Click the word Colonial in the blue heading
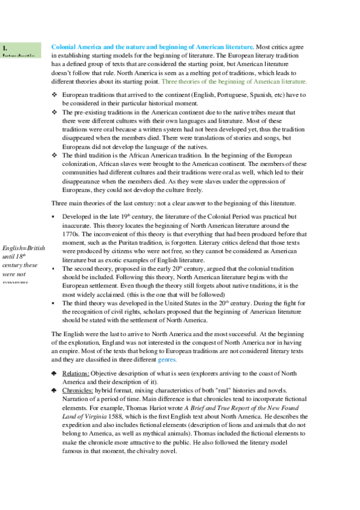click(66, 46)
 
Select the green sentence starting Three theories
click(234, 81)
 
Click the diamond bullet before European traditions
click(55, 95)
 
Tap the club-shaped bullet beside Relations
click(55, 373)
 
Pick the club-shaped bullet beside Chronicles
click(55, 390)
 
